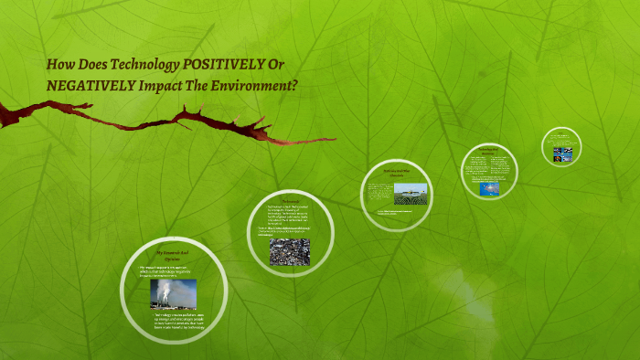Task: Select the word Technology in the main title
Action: pyautogui.click(x=148, y=66)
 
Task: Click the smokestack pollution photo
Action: pyautogui.click(x=173, y=293)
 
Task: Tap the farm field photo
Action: pyautogui.click(x=411, y=195)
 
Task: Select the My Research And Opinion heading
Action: pyautogui.click(x=172, y=253)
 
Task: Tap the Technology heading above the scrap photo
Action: pyautogui.click(x=291, y=200)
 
